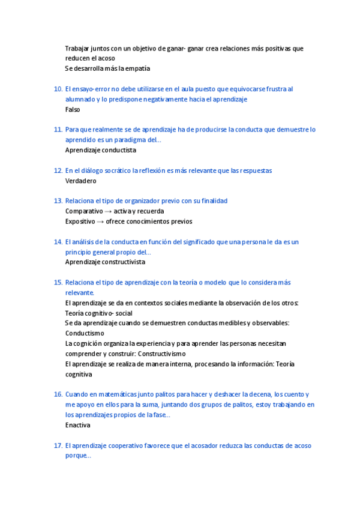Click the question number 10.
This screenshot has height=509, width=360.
point(58,89)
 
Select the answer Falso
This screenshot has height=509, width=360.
point(73,110)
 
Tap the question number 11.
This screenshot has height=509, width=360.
point(58,130)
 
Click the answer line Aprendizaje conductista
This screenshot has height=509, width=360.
point(101,151)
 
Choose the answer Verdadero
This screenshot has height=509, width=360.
point(81,181)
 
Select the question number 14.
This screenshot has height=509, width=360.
point(58,242)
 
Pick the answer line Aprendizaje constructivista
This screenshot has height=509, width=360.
point(105,262)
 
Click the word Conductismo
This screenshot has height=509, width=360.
point(85,333)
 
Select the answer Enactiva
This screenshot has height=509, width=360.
point(78,425)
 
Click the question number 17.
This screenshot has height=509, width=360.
point(58,445)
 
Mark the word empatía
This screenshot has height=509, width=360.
point(137,68)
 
